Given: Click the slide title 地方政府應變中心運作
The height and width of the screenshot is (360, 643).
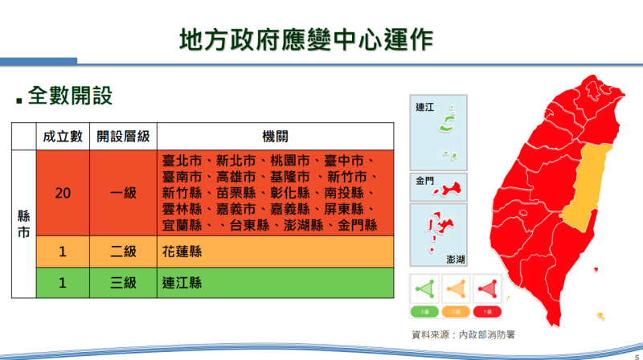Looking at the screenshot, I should coord(305,39).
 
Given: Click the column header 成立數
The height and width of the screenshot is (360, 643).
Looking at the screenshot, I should coord(63,137).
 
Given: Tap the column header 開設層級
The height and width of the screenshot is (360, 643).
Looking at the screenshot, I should coord(123,137).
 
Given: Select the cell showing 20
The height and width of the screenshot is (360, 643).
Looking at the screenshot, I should coord(63,193).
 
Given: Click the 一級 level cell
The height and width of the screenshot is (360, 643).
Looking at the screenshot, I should coord(123,193).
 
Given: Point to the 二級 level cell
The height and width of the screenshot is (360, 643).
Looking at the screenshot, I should coord(123,252).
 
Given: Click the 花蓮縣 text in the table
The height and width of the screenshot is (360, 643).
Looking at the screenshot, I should coord(182,252).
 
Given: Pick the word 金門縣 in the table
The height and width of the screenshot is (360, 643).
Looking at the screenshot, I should coord(358,225).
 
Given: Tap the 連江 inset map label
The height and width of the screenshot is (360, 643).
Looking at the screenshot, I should coord(424,107).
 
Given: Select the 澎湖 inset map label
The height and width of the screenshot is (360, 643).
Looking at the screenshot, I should coord(457,259).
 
